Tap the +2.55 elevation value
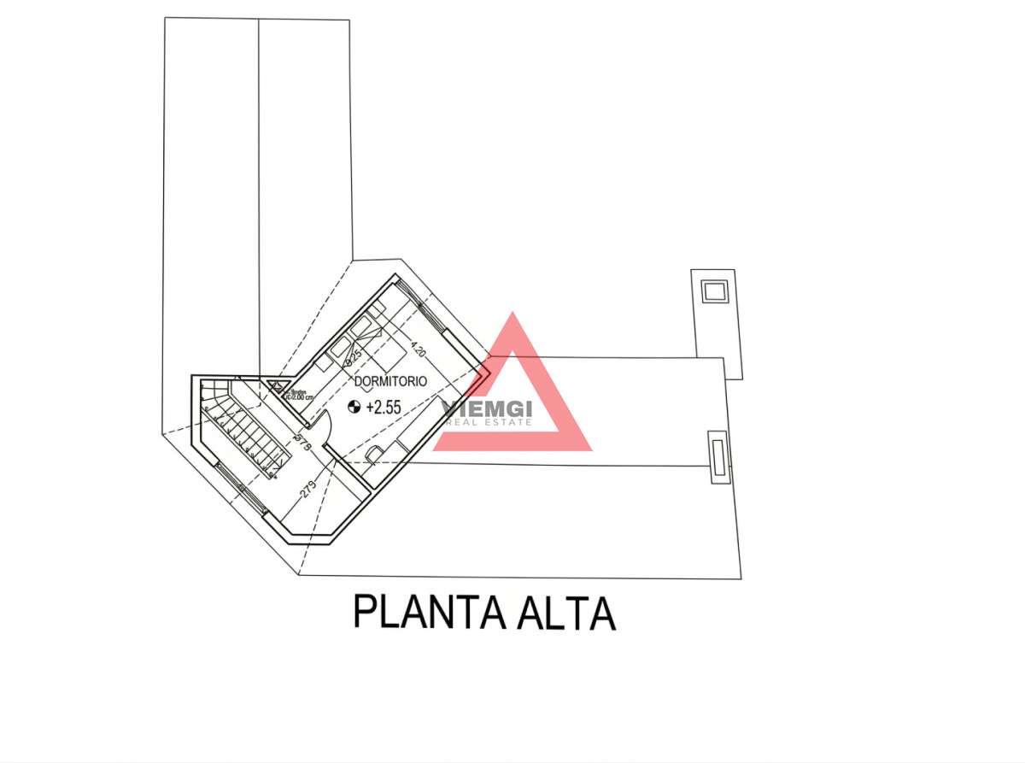point(383,408)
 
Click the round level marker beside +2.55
point(354,408)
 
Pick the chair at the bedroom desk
point(373,455)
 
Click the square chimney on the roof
point(713,291)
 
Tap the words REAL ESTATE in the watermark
point(489,422)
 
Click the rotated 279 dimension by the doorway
point(300,439)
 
